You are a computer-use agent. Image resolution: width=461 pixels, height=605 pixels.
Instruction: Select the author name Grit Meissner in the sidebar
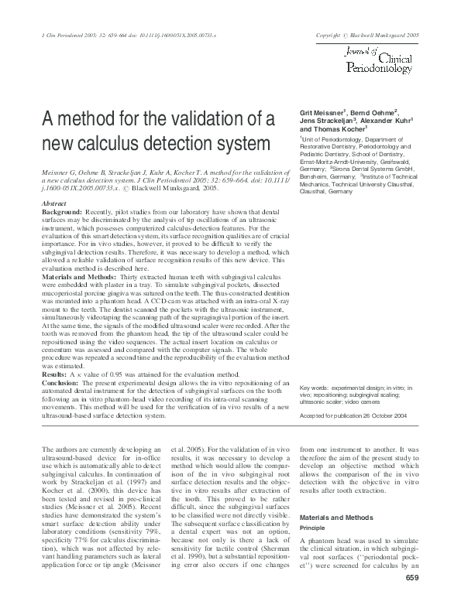(x=322, y=113)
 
